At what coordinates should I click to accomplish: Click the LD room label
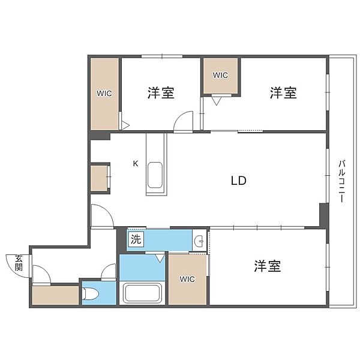(238, 181)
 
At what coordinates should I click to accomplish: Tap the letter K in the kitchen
(136, 164)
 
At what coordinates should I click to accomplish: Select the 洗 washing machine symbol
(136, 239)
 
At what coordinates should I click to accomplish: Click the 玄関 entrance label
(19, 263)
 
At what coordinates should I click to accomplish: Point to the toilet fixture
(91, 293)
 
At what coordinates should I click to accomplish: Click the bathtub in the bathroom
(143, 293)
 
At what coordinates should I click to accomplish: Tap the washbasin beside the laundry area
(199, 241)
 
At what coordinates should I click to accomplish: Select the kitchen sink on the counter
(155, 175)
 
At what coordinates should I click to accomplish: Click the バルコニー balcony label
(341, 181)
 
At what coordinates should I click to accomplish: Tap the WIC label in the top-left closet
(104, 94)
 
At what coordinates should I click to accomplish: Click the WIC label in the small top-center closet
(220, 76)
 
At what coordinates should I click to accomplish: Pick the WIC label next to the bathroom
(187, 279)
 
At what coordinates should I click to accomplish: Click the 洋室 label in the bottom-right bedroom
(268, 266)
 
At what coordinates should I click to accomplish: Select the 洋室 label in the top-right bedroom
(283, 92)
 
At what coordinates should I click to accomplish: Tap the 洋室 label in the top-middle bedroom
(161, 92)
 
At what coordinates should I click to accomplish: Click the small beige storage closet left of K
(99, 178)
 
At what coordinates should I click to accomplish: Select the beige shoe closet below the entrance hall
(55, 295)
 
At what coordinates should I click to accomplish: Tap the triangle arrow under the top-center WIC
(216, 101)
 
